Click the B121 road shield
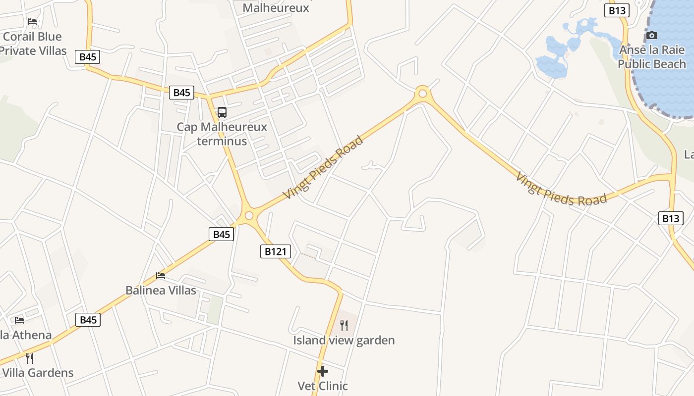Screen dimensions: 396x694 pyautogui.click(x=275, y=251)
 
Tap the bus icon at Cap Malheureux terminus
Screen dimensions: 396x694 pyautogui.click(x=222, y=112)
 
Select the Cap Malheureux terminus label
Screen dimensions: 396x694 pyautogui.click(x=222, y=134)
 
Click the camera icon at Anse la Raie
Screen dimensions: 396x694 pyautogui.click(x=652, y=36)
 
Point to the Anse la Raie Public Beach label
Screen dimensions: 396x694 pyautogui.click(x=652, y=57)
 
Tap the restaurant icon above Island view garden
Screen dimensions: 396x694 pyautogui.click(x=344, y=325)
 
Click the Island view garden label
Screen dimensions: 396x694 pyautogui.click(x=344, y=340)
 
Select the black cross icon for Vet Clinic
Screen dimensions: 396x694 pyautogui.click(x=323, y=371)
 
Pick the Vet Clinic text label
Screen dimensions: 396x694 pyautogui.click(x=323, y=386)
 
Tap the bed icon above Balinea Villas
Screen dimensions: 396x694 pyautogui.click(x=161, y=275)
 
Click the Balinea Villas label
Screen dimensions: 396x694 pyautogui.click(x=161, y=290)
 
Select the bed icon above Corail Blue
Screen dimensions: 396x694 pyautogui.click(x=32, y=21)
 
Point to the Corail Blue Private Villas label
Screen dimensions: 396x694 pyautogui.click(x=33, y=44)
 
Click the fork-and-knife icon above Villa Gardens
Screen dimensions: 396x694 pyautogui.click(x=30, y=358)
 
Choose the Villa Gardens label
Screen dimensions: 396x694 pyautogui.click(x=39, y=373)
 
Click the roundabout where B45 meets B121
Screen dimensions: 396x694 pyautogui.click(x=249, y=215)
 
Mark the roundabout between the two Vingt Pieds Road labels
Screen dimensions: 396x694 pyautogui.click(x=422, y=93)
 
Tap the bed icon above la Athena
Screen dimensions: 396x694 pyautogui.click(x=19, y=320)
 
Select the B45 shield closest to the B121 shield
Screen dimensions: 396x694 pyautogui.click(x=221, y=234)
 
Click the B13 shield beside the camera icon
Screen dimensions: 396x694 pyautogui.click(x=617, y=10)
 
